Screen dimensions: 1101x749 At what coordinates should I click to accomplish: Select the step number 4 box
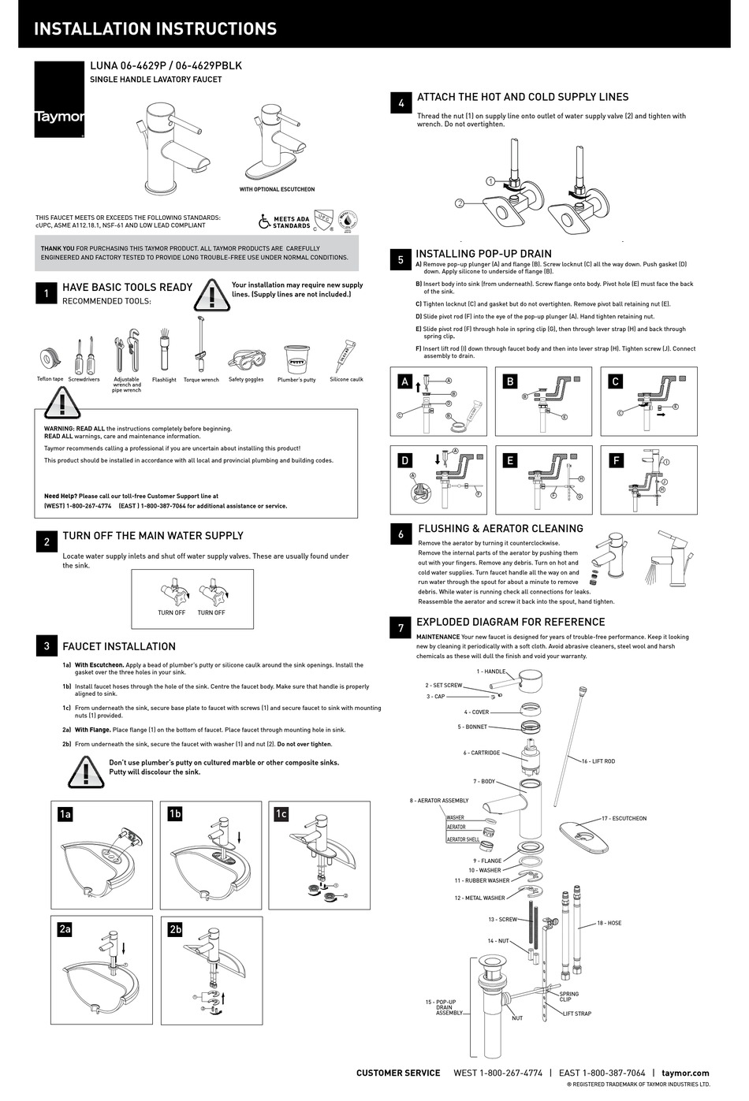pyautogui.click(x=401, y=103)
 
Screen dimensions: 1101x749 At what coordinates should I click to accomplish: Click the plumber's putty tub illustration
pyautogui.click(x=296, y=358)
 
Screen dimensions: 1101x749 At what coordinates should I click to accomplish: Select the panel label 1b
pyautogui.click(x=175, y=813)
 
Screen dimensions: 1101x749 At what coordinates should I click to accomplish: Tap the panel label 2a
pyautogui.click(x=65, y=929)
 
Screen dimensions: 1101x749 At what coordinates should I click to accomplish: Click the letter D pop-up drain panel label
pyautogui.click(x=405, y=460)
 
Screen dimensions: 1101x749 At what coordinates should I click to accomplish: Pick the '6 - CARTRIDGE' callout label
pyautogui.click(x=481, y=753)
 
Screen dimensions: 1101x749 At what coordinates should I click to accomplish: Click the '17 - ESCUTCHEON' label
pyautogui.click(x=624, y=818)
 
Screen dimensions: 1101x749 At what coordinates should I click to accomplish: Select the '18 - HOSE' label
pyautogui.click(x=609, y=922)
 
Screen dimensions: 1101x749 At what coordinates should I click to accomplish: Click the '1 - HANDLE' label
pyautogui.click(x=491, y=671)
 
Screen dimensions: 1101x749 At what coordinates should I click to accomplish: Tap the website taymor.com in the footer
pyautogui.click(x=685, y=1073)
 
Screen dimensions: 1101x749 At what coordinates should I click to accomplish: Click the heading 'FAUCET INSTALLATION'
pyautogui.click(x=119, y=646)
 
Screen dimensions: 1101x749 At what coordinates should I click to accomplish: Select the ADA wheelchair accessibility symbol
pyautogui.click(x=265, y=222)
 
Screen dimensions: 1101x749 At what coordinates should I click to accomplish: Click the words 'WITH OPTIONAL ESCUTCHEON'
pyautogui.click(x=277, y=189)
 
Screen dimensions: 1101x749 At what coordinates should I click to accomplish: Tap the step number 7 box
pyautogui.click(x=401, y=628)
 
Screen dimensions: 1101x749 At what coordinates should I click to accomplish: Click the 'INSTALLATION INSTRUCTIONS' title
pyautogui.click(x=155, y=29)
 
